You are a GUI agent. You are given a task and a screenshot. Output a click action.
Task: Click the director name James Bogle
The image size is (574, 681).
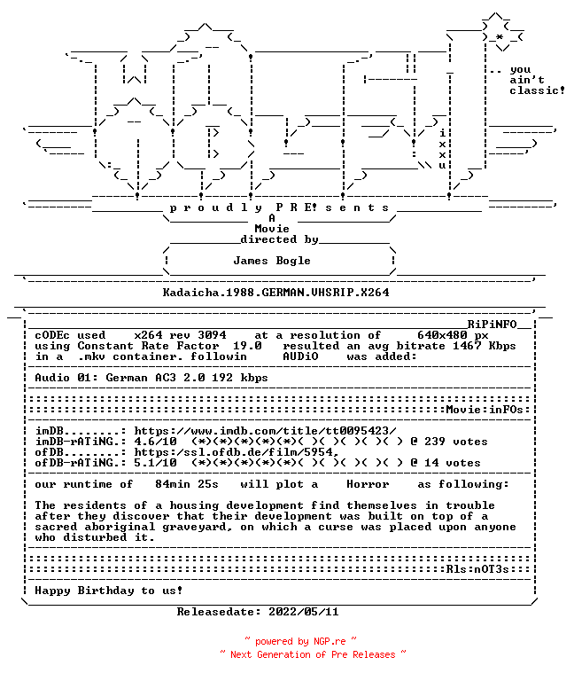(272, 261)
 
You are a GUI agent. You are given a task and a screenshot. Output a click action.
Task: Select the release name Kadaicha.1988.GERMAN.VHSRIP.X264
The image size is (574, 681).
(276, 293)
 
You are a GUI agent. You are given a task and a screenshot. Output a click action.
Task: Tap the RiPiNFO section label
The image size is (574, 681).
(492, 325)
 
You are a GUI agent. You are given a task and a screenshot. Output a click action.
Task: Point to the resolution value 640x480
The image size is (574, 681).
(442, 335)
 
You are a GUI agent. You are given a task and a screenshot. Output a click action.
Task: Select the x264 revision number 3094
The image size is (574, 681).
(212, 335)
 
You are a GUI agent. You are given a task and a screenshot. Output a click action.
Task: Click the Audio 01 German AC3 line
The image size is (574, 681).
(151, 378)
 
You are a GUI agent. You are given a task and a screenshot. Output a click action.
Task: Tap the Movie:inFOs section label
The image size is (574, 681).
(485, 410)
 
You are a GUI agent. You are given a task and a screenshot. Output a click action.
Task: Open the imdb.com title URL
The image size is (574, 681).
(265, 431)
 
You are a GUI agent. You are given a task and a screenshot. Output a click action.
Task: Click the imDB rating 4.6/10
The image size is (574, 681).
(155, 442)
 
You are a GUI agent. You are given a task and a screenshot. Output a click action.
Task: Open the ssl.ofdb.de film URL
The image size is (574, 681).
(237, 452)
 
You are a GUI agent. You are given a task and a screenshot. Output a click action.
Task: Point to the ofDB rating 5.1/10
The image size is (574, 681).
(155, 463)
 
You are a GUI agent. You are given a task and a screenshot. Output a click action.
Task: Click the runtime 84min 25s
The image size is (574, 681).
(187, 484)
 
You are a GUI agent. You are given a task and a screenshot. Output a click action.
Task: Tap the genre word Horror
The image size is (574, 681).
(368, 484)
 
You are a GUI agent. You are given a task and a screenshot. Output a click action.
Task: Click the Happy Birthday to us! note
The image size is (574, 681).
(109, 591)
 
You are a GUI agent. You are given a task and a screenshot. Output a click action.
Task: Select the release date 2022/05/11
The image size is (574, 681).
(304, 612)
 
